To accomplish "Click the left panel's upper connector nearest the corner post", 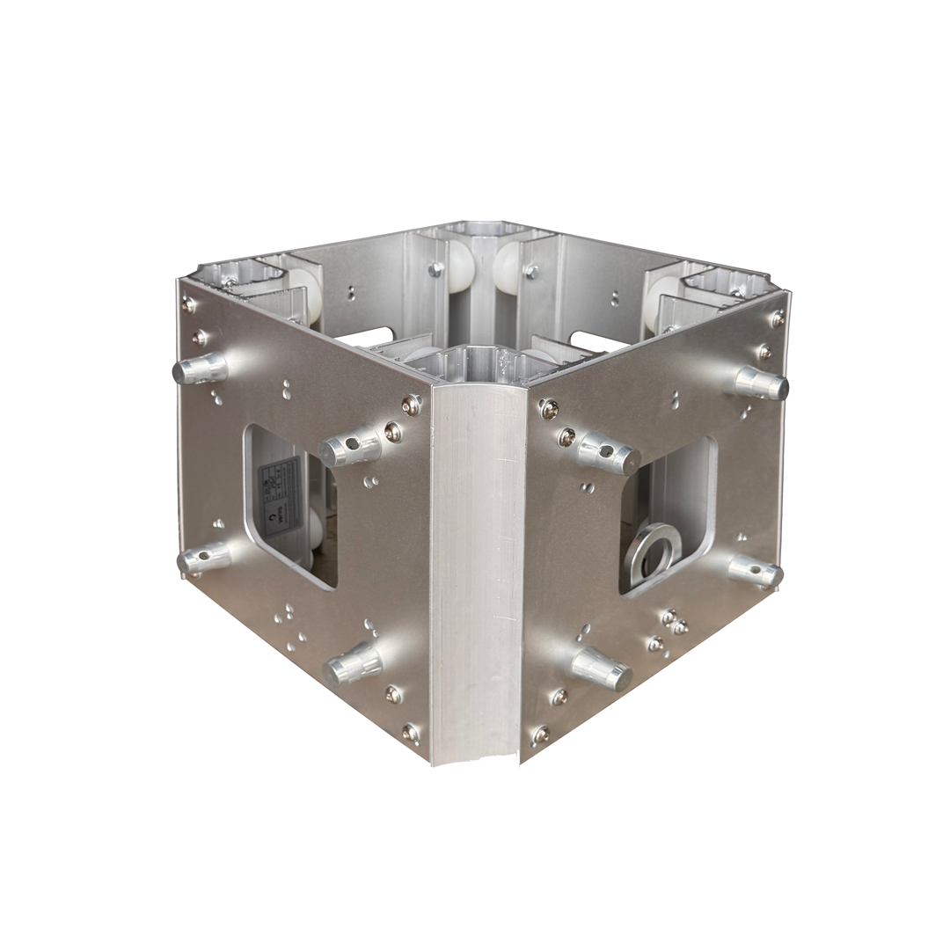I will (349, 449).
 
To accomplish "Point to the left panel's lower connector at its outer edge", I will (203, 558).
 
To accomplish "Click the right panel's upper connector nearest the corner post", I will (607, 454).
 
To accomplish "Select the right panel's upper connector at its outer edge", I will (761, 383).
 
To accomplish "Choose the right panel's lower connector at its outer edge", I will (756, 571).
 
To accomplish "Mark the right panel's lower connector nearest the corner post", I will (602, 668).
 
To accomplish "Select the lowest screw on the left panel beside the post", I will (410, 731).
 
